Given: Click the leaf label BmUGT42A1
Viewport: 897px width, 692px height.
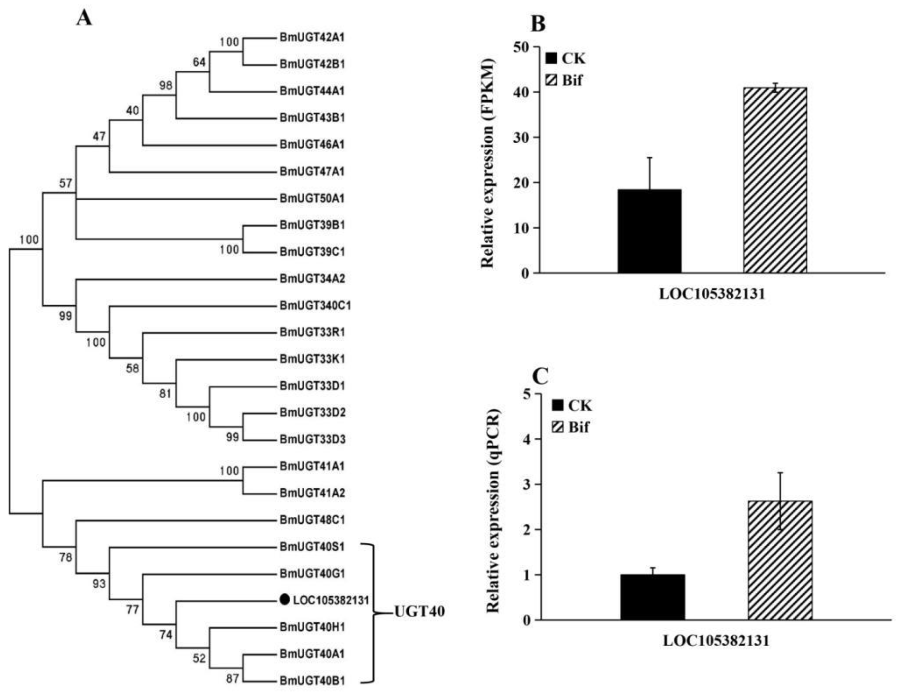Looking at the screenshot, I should [x=312, y=37].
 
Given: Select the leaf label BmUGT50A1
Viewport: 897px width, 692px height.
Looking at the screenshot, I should [x=312, y=198].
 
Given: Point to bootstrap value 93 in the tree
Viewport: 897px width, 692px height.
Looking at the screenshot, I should [x=99, y=583].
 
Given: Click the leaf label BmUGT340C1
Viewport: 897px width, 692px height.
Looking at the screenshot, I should [x=316, y=306].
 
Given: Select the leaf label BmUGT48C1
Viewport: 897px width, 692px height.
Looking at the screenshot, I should [x=312, y=520].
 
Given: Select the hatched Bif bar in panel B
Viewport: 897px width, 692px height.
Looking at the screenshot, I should [x=775, y=181].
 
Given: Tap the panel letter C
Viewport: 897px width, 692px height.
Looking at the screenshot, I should [x=540, y=376].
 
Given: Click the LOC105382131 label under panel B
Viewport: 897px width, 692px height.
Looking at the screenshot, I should [x=712, y=294].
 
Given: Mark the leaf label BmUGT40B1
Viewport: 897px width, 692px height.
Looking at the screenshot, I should [x=312, y=680].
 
